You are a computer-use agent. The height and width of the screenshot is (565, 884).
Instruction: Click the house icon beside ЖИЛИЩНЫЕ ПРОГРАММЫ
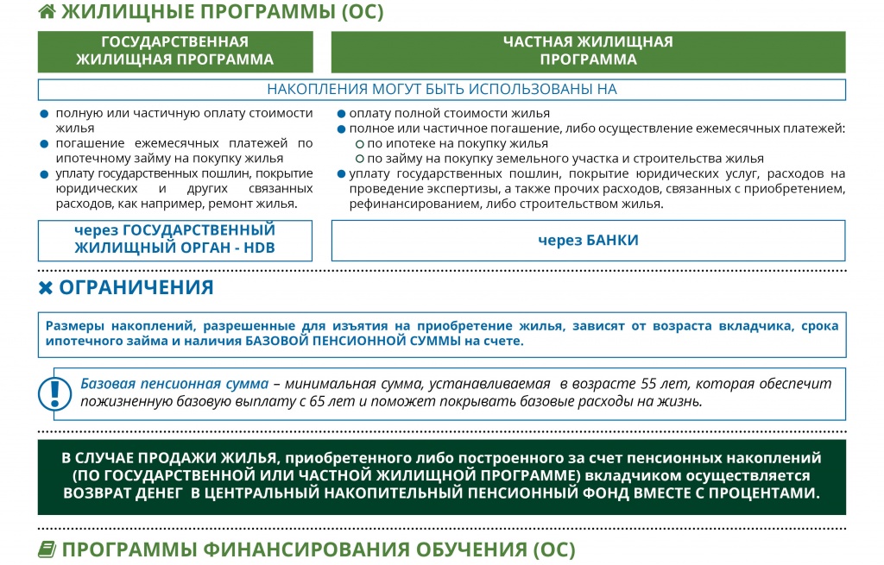click(x=47, y=11)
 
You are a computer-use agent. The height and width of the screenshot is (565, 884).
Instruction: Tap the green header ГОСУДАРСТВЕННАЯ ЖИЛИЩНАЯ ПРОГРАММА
click(x=175, y=51)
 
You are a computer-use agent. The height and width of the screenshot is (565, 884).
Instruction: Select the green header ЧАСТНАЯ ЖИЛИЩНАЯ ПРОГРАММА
click(x=588, y=51)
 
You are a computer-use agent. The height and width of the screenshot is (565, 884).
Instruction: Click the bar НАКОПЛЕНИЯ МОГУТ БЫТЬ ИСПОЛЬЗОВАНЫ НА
click(x=441, y=90)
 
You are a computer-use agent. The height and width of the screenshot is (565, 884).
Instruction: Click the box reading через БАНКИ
click(x=588, y=240)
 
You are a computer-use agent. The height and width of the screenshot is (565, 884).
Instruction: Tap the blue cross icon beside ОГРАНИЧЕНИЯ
click(x=47, y=288)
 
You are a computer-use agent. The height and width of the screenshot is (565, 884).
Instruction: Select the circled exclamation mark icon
click(x=55, y=393)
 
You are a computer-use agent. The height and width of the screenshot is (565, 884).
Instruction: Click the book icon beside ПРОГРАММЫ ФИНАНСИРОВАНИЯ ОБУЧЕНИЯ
click(x=47, y=549)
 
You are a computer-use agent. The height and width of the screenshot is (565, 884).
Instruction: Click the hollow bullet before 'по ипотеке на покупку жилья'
click(x=360, y=144)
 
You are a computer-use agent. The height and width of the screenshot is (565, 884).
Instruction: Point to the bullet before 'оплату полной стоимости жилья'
click(x=341, y=114)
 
